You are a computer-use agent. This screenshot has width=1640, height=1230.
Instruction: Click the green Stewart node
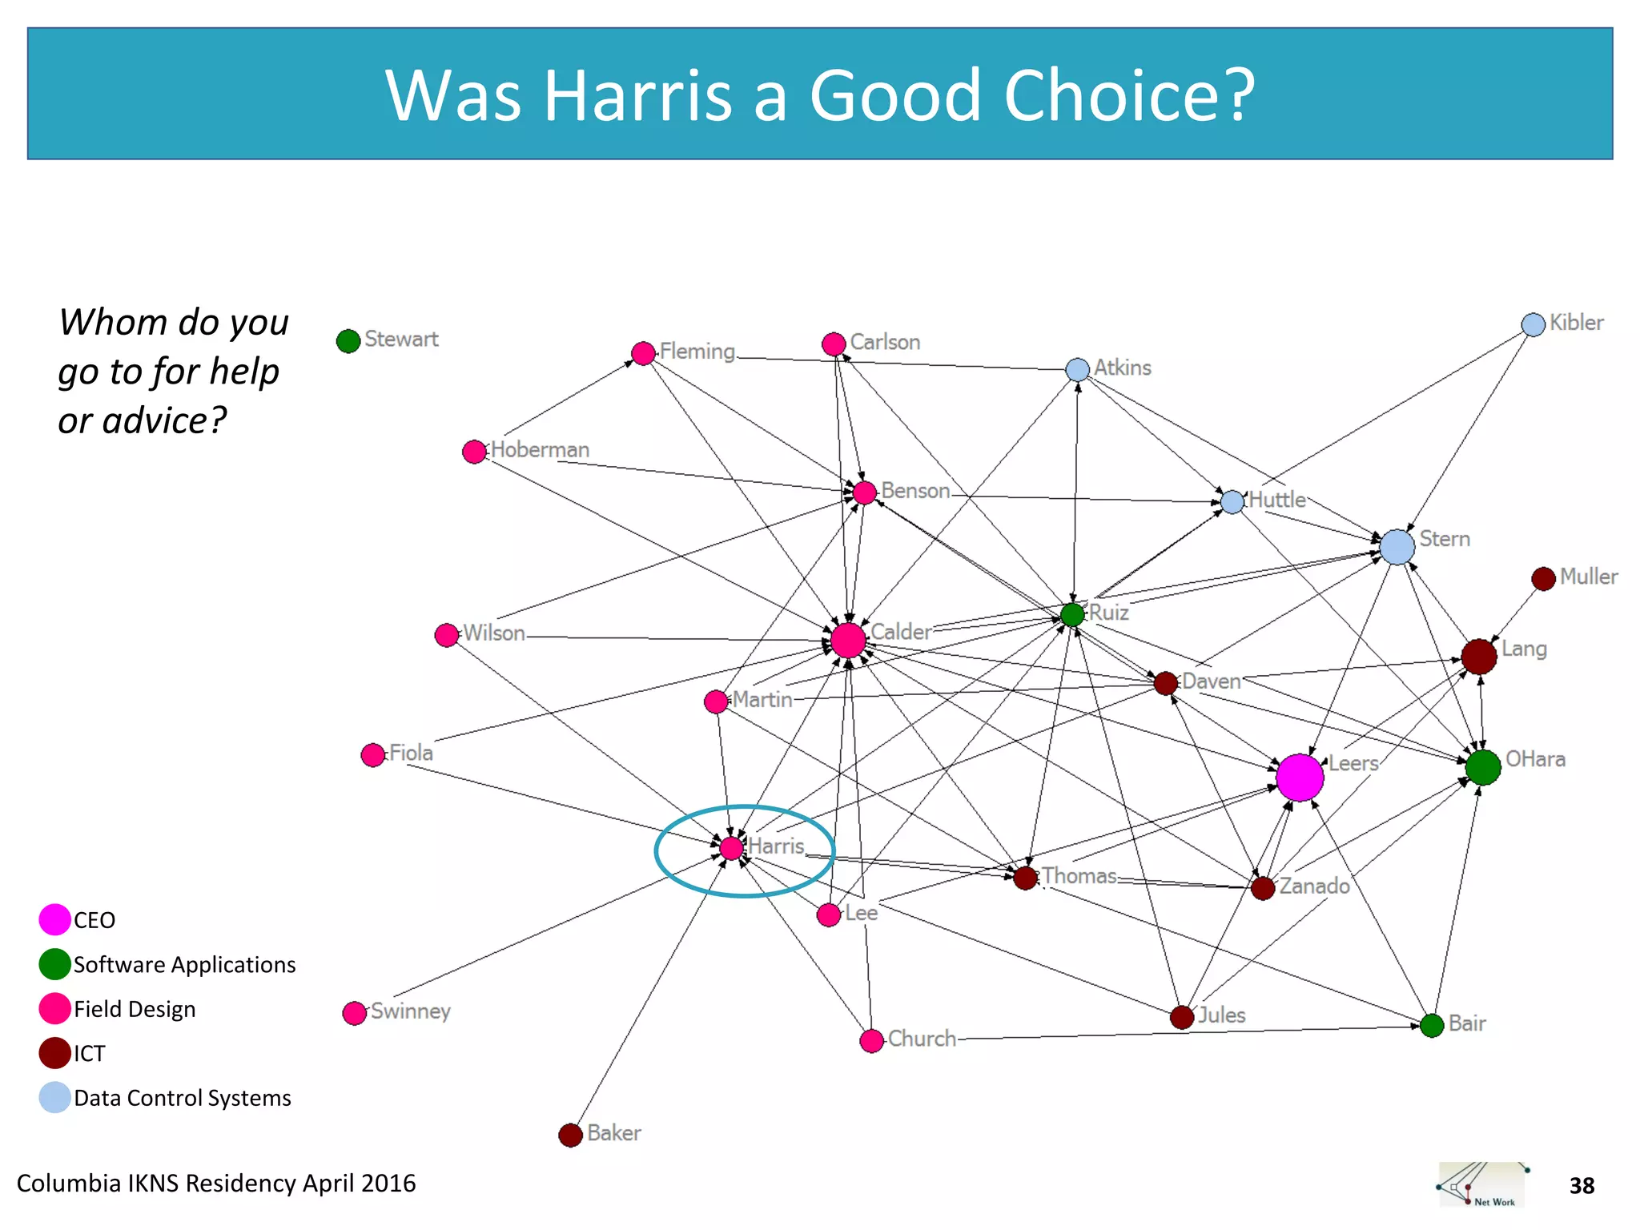(348, 341)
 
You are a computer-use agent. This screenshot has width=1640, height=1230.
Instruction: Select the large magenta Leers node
(1299, 777)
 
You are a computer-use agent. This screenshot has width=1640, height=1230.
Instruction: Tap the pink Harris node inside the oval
(731, 848)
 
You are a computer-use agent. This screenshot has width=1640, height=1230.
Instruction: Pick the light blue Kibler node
(1533, 324)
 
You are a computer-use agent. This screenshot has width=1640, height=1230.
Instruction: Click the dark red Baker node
(570, 1135)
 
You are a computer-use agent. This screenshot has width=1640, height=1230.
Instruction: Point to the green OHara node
(1483, 767)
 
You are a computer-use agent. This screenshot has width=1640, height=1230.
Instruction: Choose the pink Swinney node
(354, 1013)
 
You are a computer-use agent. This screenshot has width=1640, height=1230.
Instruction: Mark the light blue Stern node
(1397, 547)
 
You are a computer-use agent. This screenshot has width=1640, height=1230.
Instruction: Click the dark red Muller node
(1543, 578)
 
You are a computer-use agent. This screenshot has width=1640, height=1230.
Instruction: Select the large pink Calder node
(848, 640)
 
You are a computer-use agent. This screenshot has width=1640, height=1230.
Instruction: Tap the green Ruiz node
(1072, 614)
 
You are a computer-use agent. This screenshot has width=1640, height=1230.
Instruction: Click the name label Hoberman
(540, 450)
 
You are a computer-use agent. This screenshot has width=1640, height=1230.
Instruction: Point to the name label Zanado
(1314, 886)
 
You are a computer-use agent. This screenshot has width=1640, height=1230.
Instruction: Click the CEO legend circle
(54, 919)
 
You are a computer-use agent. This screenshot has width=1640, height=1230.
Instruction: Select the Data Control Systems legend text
(183, 1098)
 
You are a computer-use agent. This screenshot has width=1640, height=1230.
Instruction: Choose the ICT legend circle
(54, 1053)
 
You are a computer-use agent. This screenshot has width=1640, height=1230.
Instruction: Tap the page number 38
(1582, 1186)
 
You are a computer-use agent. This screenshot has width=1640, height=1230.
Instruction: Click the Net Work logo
(1482, 1184)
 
